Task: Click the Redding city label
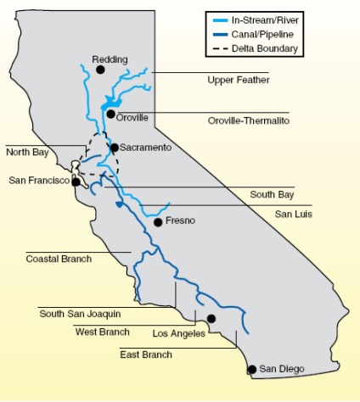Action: [x=110, y=59]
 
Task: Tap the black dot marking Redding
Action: [x=100, y=70]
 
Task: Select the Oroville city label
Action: [x=132, y=117]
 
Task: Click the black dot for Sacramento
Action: [x=114, y=148]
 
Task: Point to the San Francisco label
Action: [x=38, y=181]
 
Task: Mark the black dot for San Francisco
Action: [x=76, y=181]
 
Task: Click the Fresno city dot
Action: [x=158, y=222]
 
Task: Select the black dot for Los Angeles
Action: [x=211, y=319]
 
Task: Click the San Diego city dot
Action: [x=251, y=369]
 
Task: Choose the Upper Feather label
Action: [x=239, y=80]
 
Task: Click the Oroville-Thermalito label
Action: [x=248, y=120]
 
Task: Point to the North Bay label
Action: [x=28, y=153]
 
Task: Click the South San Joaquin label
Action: [x=80, y=314]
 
